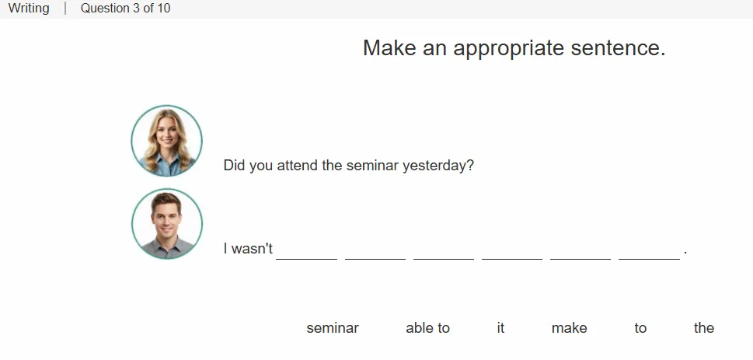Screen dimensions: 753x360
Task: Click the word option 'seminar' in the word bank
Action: (333, 328)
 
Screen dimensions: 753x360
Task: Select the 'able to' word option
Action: (427, 328)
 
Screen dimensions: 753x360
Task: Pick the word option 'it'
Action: (500, 328)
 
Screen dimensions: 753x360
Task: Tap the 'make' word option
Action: (569, 328)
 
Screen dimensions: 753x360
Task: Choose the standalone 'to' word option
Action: (640, 328)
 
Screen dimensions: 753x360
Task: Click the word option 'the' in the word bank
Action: (703, 328)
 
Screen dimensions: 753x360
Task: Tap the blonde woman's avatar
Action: (166, 141)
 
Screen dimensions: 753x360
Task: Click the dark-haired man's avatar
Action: (166, 224)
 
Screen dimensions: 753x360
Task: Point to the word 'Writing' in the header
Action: (29, 9)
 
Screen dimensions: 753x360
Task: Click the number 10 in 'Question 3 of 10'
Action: (163, 9)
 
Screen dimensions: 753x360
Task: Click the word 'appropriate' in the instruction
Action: (508, 48)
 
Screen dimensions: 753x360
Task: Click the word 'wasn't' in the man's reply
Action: (252, 249)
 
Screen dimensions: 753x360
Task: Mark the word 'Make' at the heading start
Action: (389, 48)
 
